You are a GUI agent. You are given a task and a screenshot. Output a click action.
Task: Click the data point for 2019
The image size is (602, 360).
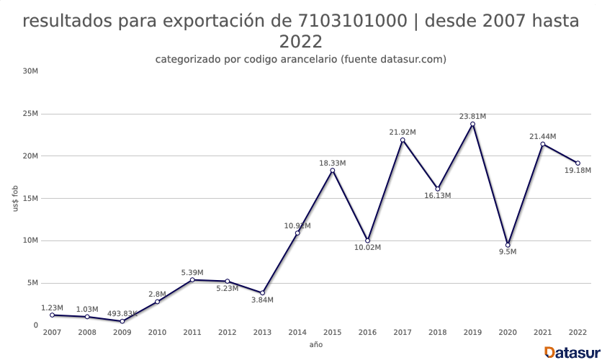pos(472,124)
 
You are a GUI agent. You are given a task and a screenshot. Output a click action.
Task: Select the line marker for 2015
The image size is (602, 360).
pos(332,171)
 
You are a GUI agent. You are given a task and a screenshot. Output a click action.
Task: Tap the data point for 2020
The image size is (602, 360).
pos(508,245)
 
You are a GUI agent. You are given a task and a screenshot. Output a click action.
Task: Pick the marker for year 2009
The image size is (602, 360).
pos(122,321)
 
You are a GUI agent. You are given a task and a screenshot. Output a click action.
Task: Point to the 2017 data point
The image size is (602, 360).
pos(403,140)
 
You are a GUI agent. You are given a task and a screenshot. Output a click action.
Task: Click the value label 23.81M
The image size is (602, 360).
pos(473,116)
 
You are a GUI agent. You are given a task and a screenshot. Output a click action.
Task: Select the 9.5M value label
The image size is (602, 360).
pos(508,252)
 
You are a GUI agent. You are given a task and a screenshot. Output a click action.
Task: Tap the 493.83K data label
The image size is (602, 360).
pos(122,313)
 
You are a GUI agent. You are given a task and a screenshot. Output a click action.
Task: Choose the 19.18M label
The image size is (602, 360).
pos(578,171)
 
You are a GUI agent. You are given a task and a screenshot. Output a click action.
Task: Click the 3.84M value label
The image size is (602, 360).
pos(262,300)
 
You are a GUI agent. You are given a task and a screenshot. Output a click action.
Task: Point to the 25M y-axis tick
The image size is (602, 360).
pos(30,114)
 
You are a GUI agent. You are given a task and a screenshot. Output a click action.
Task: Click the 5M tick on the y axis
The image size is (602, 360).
pos(32,283)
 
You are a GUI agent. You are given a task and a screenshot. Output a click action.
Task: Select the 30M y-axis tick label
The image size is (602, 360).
pos(30,71)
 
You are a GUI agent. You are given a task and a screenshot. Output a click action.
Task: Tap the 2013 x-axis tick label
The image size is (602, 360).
pos(262,333)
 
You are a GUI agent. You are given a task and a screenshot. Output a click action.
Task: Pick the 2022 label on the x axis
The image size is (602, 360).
pos(578,333)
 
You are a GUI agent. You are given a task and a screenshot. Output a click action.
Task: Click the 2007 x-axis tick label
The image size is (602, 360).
pos(52,333)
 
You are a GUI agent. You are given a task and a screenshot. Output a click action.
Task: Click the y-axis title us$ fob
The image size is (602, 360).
pos(15,198)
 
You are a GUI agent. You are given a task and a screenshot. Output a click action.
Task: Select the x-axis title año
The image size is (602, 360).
pos(316,345)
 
